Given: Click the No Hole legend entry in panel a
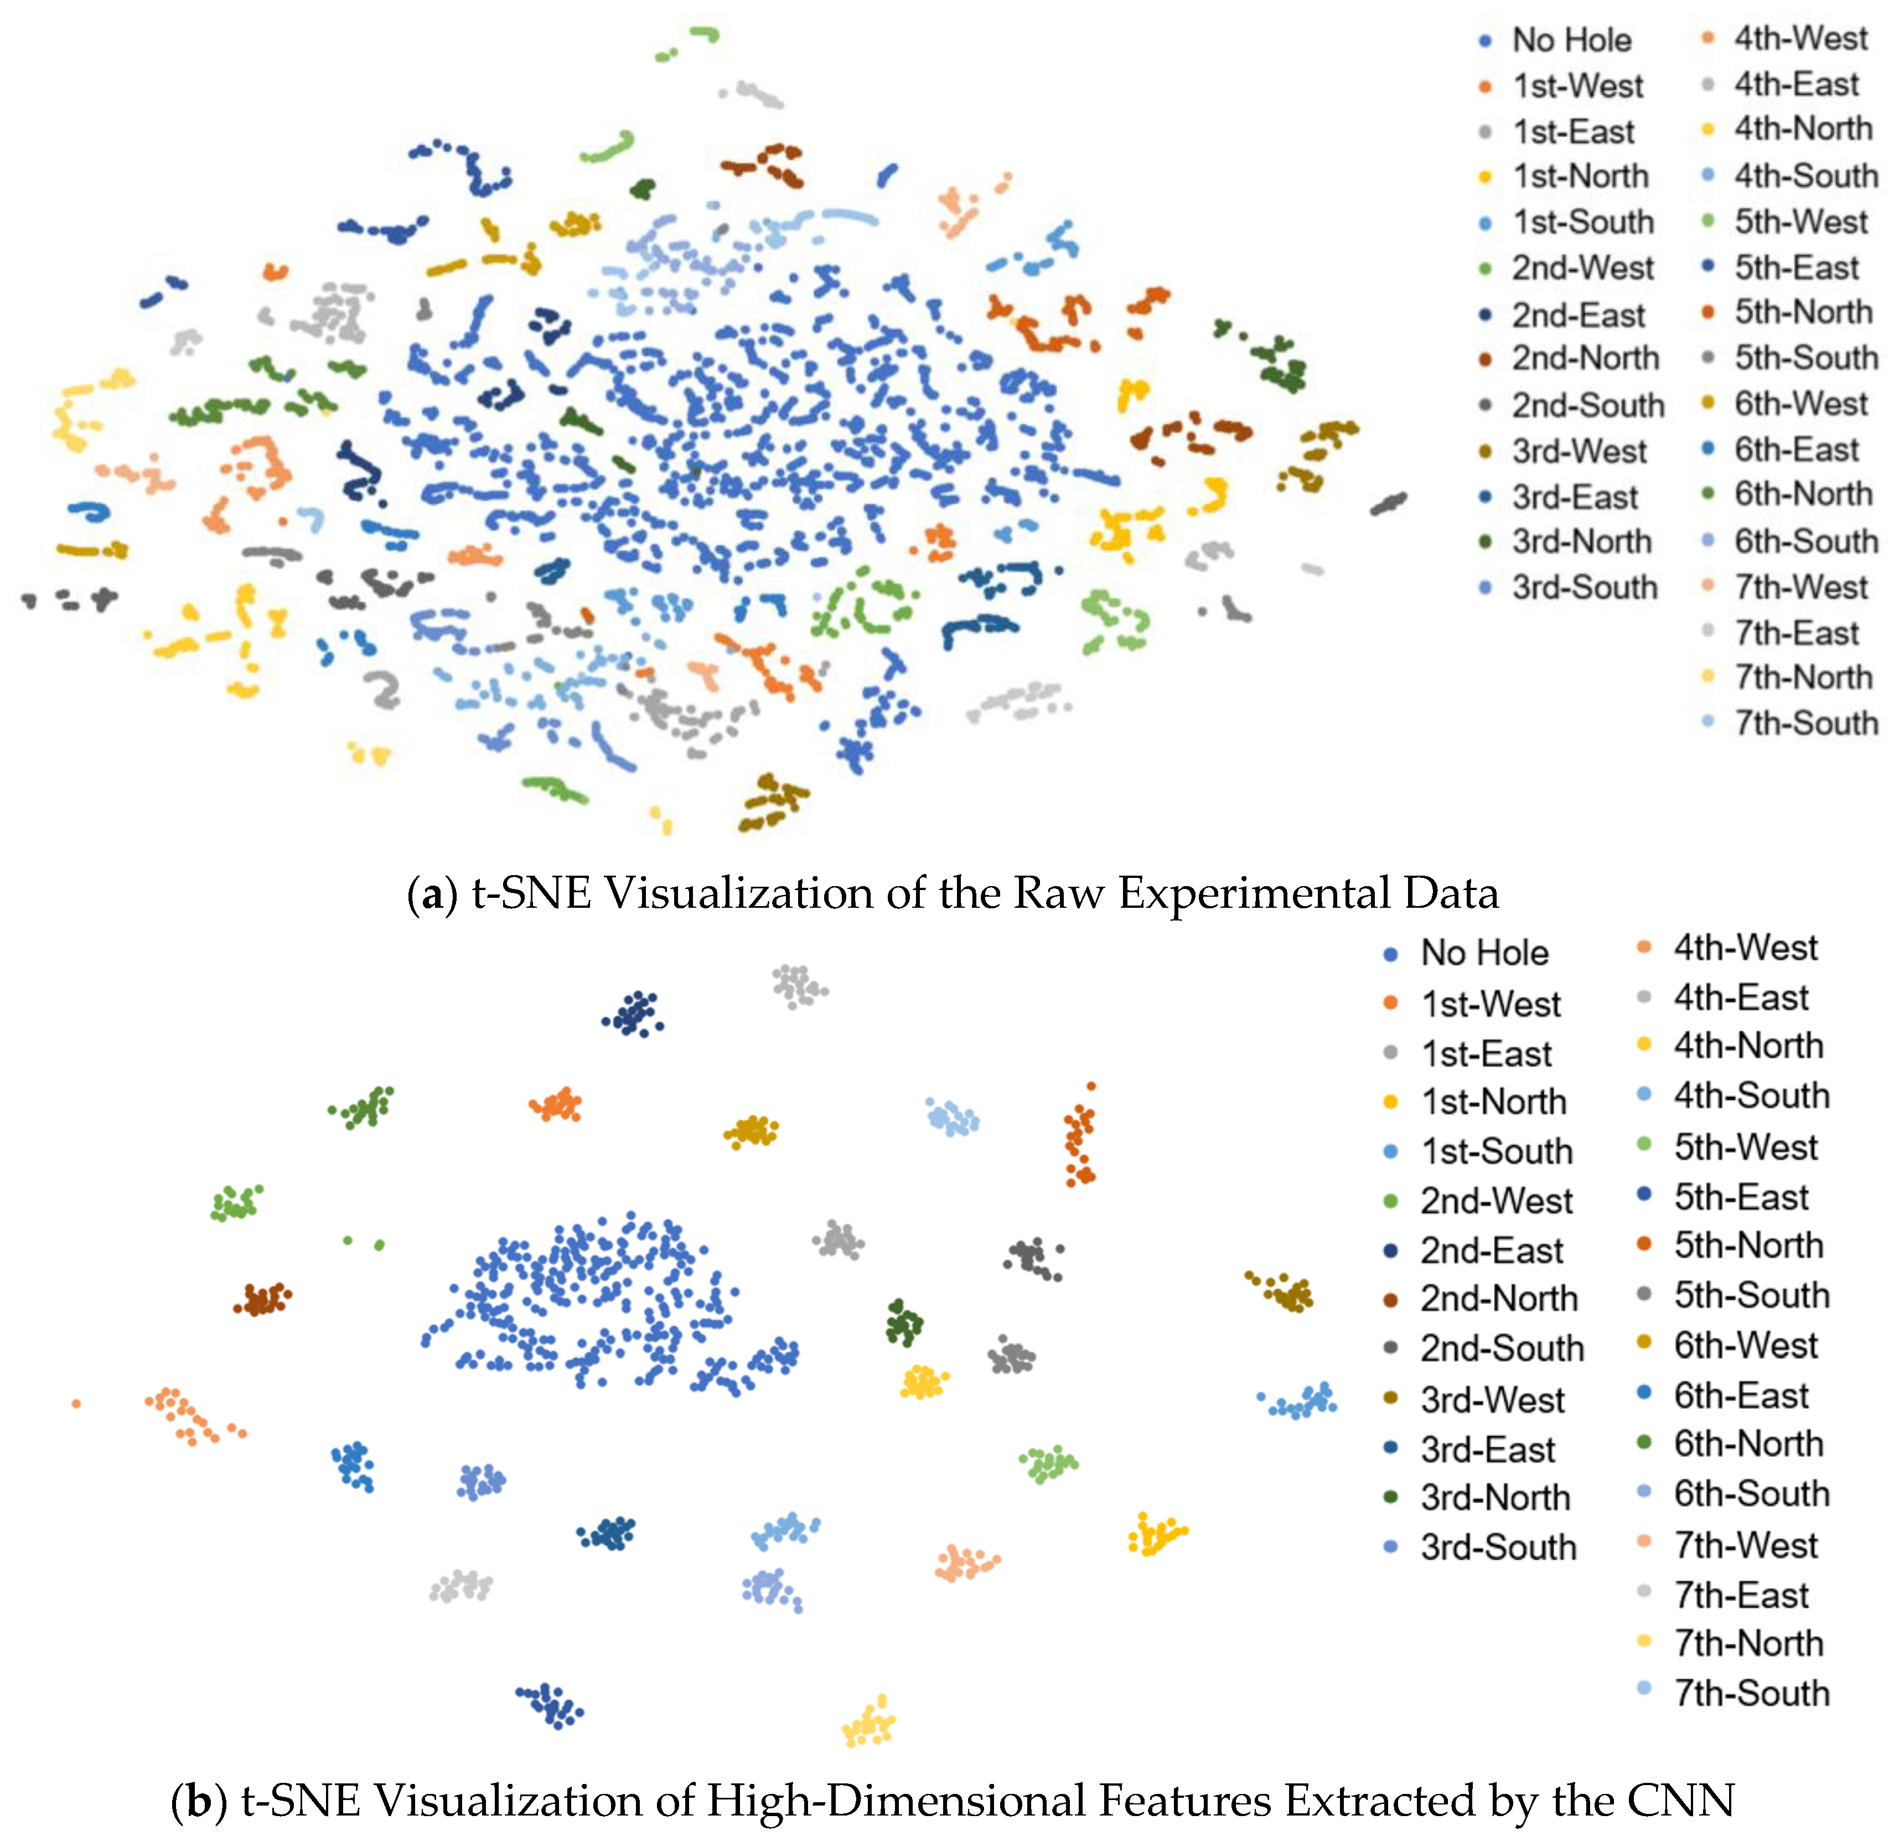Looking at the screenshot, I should tap(1570, 40).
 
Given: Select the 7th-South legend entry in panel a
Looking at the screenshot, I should tap(1804, 723).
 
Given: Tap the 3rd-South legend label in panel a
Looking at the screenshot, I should tap(1584, 587).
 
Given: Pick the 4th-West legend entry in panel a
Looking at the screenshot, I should tap(1799, 39).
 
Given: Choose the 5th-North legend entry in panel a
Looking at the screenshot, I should tap(1802, 312).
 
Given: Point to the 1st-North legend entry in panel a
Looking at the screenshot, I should tap(1580, 176).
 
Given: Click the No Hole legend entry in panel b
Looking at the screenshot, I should tap(1483, 954).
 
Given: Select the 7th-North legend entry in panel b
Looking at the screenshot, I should tap(1747, 1643).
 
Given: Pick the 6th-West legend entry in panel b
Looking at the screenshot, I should tap(1745, 1345).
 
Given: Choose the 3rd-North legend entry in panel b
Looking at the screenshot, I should tap(1494, 1497).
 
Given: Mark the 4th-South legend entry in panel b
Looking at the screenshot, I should tap(1751, 1095).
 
